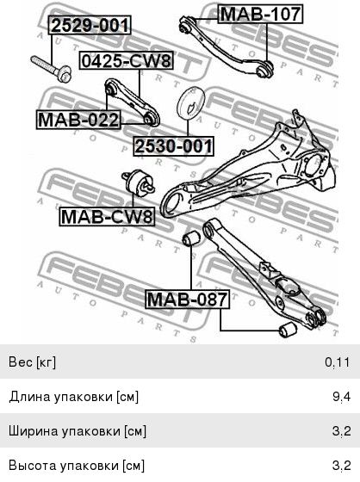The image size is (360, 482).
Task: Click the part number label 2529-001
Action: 90,25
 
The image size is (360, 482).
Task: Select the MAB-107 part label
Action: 260,14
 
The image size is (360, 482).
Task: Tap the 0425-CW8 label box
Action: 126,60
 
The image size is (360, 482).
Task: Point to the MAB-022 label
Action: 78,120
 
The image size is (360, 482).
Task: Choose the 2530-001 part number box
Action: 173,146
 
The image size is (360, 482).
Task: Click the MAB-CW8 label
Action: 107,216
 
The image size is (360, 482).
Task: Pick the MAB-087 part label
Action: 188,299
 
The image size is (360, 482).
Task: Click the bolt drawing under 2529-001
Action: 51,69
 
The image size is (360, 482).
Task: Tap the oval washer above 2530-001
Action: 191,103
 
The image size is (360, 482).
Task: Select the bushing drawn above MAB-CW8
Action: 139,182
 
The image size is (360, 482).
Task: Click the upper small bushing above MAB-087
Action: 191,238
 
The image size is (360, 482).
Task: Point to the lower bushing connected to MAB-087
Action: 288,330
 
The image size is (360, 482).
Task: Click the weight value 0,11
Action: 338,362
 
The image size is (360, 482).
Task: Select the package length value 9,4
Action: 341,397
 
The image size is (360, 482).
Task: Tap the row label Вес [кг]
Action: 33,362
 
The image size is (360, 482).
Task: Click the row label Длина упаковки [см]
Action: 74,397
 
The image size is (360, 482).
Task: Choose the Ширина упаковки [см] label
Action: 78,431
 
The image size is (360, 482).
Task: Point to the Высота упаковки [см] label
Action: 77,466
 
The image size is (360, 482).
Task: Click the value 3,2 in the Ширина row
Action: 342,431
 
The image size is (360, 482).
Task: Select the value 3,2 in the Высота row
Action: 342,466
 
